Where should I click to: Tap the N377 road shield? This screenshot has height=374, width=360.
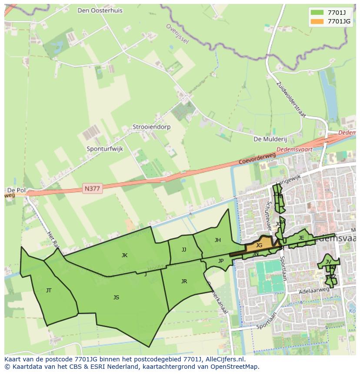pyautogui.click(x=92, y=189)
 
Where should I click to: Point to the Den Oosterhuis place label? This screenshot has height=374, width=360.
pyautogui.click(x=100, y=10)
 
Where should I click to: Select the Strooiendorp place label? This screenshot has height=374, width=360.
pyautogui.click(x=152, y=127)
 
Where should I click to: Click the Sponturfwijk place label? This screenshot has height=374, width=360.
pyautogui.click(x=105, y=149)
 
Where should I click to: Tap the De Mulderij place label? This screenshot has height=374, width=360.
pyautogui.click(x=270, y=139)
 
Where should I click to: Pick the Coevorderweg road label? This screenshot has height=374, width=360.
pyautogui.click(x=257, y=158)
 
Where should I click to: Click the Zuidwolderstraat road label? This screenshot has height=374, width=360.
pyautogui.click(x=291, y=100)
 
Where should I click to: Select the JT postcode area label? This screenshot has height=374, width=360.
pyautogui.click(x=49, y=291)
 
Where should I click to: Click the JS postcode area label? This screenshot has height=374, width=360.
pyautogui.click(x=116, y=298)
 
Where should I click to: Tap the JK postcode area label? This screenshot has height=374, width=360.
pyautogui.click(x=124, y=255)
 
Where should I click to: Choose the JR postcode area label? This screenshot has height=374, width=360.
pyautogui.click(x=184, y=281)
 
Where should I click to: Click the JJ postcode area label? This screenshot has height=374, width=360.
pyautogui.click(x=184, y=250)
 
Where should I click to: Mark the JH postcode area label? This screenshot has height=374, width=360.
pyautogui.click(x=217, y=240)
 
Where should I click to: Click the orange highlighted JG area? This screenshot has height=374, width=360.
pyautogui.click(x=259, y=245)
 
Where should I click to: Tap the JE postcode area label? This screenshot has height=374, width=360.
pyautogui.click(x=301, y=238)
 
